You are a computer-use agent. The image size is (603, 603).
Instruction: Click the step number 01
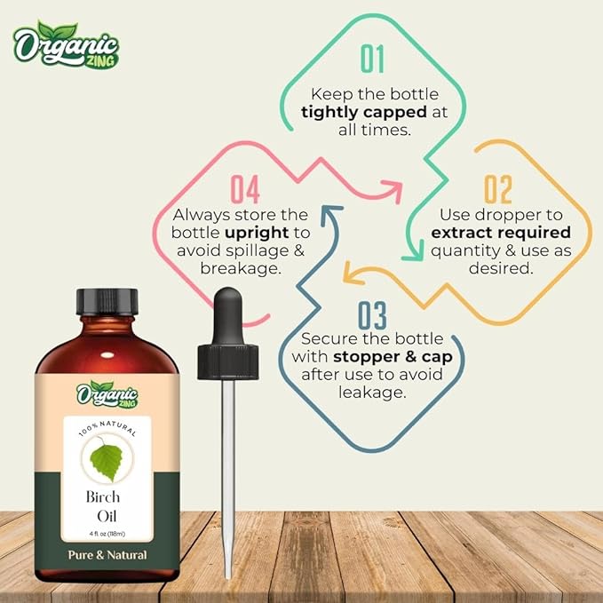pyautogui.click(x=372, y=59)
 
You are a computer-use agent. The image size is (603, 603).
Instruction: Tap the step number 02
pyautogui.click(x=497, y=190)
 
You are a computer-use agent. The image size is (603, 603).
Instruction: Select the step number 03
pyautogui.click(x=373, y=315)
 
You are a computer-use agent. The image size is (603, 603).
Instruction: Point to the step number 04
pyautogui.click(x=244, y=190)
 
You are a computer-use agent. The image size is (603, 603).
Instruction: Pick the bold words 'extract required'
pyautogui.click(x=501, y=233)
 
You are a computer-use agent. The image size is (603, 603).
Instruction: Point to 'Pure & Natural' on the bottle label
pyautogui.click(x=107, y=554)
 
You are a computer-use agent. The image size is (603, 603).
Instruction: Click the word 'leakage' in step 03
pyautogui.click(x=372, y=392)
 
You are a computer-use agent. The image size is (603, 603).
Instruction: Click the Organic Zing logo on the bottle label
pyautogui.click(x=107, y=392)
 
